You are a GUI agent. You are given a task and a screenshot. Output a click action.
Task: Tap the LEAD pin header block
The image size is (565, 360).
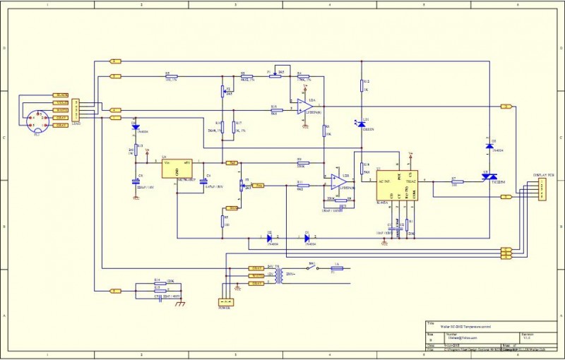[x=76, y=110]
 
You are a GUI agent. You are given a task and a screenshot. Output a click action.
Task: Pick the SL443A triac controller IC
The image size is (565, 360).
[x=396, y=186]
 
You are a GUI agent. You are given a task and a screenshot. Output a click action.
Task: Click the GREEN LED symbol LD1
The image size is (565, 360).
[x=364, y=123]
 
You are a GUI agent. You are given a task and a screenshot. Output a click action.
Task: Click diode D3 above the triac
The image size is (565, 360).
[x=489, y=146]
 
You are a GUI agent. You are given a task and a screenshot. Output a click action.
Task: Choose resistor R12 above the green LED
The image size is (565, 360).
[x=364, y=85]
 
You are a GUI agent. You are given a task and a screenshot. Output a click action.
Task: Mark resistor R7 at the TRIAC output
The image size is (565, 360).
[x=456, y=181]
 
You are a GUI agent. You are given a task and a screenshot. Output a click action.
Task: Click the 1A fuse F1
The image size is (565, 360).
[x=337, y=268]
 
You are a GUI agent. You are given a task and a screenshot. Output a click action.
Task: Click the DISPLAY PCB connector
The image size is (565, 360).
[x=541, y=189]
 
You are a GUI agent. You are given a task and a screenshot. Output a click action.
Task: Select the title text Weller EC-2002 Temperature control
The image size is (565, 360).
[x=463, y=327]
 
